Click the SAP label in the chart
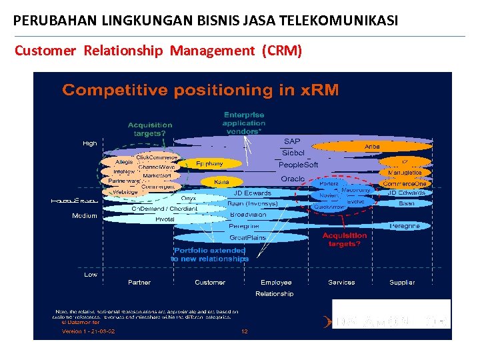[x=292, y=141]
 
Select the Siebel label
[x=293, y=153]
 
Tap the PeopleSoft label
[x=298, y=165]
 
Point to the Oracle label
[x=293, y=179]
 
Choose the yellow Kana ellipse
[x=221, y=181]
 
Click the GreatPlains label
[x=247, y=237]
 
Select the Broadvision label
[x=247, y=215]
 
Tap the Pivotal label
[x=165, y=219]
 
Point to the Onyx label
[x=189, y=198]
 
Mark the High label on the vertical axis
[x=89, y=143]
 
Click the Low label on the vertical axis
[x=90, y=274]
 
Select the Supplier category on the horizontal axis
[x=402, y=283]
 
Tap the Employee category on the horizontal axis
[x=276, y=283]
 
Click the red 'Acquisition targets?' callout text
[x=345, y=239]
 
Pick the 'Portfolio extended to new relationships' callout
[x=210, y=255]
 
